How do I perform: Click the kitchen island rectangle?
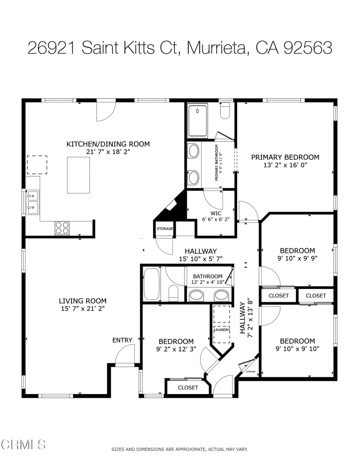(x=78, y=175)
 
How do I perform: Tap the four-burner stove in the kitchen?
(x=62, y=228)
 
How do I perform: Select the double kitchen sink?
(x=32, y=203)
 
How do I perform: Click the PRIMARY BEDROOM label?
(x=285, y=157)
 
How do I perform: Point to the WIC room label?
(x=216, y=213)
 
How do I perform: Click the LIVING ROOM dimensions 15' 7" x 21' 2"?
(x=83, y=309)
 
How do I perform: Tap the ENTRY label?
(x=122, y=340)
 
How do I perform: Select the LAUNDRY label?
(x=222, y=329)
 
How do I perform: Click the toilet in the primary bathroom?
(x=225, y=111)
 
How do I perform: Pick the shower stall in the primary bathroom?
(x=198, y=120)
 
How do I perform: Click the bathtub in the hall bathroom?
(x=152, y=284)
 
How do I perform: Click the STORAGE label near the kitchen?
(x=165, y=228)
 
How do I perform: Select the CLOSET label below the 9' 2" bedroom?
(x=188, y=388)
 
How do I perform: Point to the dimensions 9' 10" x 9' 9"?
(x=297, y=258)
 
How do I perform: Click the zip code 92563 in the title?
(x=308, y=48)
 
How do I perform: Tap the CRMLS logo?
(x=23, y=445)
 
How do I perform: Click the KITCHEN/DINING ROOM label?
(x=108, y=144)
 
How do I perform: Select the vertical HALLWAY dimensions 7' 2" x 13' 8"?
(x=251, y=318)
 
